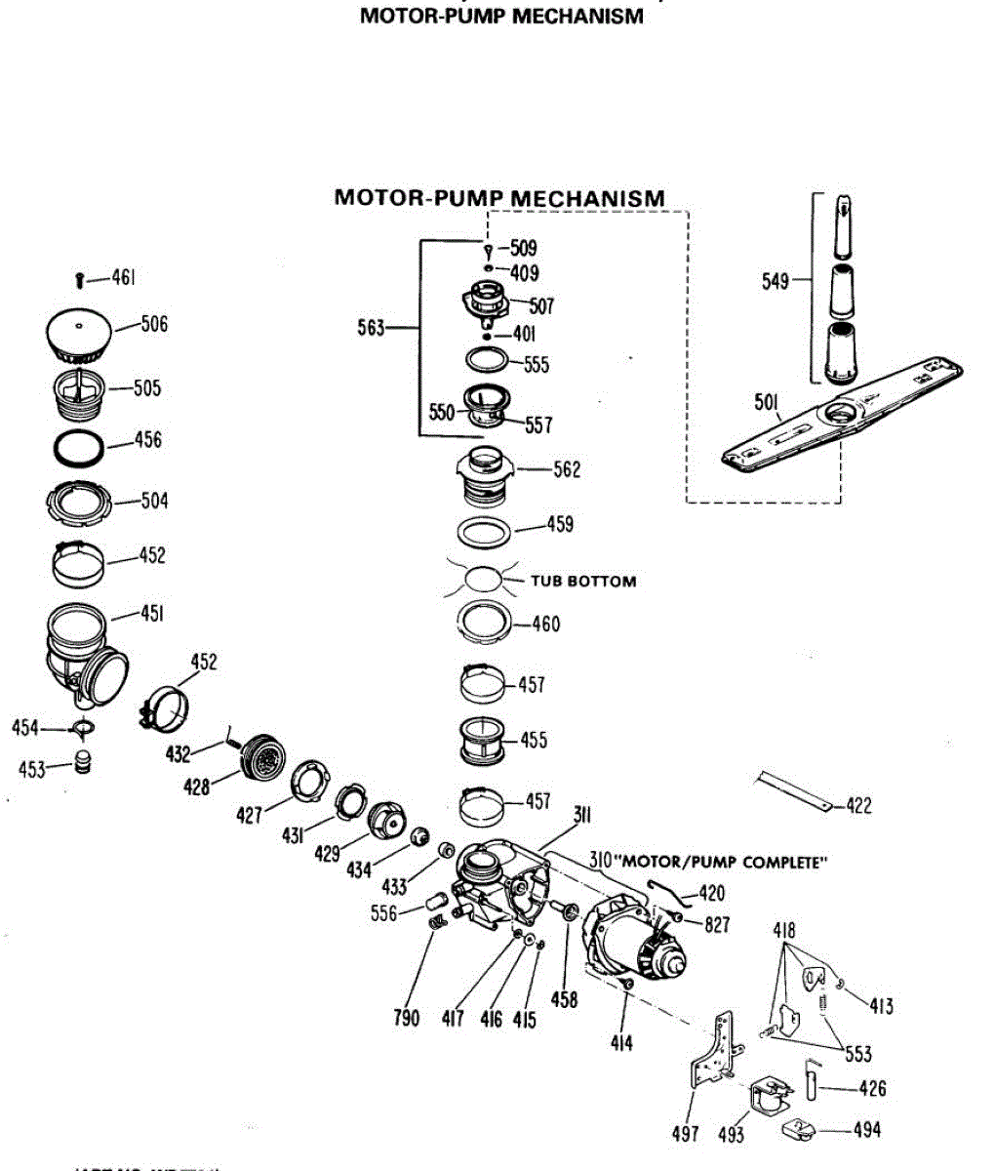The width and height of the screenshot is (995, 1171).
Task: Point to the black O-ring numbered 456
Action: pyautogui.click(x=78, y=447)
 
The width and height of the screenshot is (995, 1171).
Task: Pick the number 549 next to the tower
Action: pyautogui.click(x=775, y=282)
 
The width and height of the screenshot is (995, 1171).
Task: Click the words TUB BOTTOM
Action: pyautogui.click(x=582, y=582)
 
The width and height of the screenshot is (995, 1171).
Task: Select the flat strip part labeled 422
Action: pyautogui.click(x=795, y=788)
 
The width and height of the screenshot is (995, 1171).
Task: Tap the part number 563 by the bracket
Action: pyautogui.click(x=371, y=328)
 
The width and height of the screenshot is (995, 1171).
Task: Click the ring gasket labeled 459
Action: pyautogui.click(x=484, y=533)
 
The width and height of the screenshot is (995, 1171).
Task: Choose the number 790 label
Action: pyautogui.click(x=406, y=1018)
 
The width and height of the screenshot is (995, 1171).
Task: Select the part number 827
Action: pyautogui.click(x=717, y=924)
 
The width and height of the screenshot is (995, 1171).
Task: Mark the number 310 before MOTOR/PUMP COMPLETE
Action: pyautogui.click(x=599, y=862)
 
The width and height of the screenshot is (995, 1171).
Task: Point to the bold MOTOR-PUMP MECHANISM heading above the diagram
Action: pyautogui.click(x=499, y=198)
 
